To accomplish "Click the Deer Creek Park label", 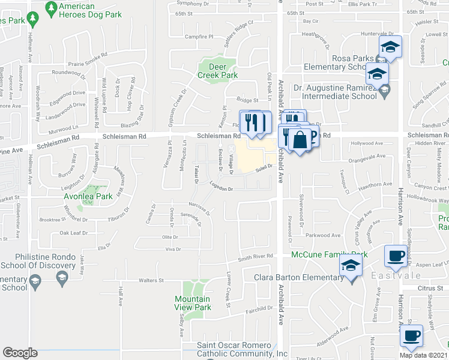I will (217, 71).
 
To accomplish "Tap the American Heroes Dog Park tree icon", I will (51, 7).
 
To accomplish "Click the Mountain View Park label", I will (193, 303).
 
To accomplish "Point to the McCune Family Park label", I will (329, 254).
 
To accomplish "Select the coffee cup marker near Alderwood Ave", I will (412, 335).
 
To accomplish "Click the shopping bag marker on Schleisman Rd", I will (299, 140).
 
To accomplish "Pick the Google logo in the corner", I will (20, 353).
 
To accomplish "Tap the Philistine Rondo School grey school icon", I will (61, 277).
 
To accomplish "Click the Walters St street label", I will (151, 280).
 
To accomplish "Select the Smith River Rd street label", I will (255, 257).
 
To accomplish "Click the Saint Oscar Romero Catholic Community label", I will (243, 349).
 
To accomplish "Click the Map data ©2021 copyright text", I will (424, 355).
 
